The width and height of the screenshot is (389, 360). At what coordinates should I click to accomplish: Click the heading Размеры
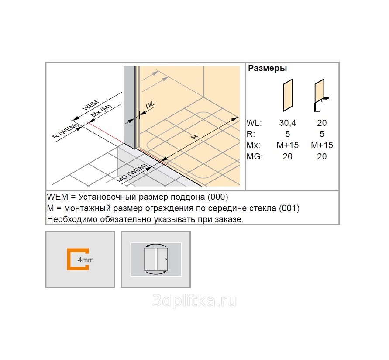pos(268,68)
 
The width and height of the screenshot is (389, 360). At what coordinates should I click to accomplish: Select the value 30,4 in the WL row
pos(288,123)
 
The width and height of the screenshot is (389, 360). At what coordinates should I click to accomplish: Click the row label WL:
pos(254,123)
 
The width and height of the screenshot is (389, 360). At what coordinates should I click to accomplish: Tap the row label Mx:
pos(253,145)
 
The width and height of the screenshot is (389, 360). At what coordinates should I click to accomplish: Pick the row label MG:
pos(255,156)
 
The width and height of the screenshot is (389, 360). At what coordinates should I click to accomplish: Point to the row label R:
pos(251,134)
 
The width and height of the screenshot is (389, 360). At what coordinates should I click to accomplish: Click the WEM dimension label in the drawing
pos(91,106)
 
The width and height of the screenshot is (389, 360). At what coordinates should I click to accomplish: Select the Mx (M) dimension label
pos(101,111)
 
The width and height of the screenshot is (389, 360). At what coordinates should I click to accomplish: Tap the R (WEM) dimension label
pos(65,131)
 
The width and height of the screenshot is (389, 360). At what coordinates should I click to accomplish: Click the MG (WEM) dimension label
pos(132,173)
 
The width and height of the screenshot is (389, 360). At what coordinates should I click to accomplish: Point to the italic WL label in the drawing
pos(150,105)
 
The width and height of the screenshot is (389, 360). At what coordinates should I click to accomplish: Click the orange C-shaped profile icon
pos(77,259)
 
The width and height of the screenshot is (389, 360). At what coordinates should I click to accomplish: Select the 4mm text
pos(86,260)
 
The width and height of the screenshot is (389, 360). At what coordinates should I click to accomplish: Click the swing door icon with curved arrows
pos(156,259)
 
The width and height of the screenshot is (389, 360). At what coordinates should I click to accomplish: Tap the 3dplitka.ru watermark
pos(194,301)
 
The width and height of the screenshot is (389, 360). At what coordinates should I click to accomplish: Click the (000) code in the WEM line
pos(218,197)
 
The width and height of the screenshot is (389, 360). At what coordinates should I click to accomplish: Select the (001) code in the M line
pos(289,208)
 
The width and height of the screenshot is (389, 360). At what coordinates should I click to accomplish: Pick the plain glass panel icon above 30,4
pos(288,95)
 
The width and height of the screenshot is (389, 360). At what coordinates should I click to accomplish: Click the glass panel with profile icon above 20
pos(321,95)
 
